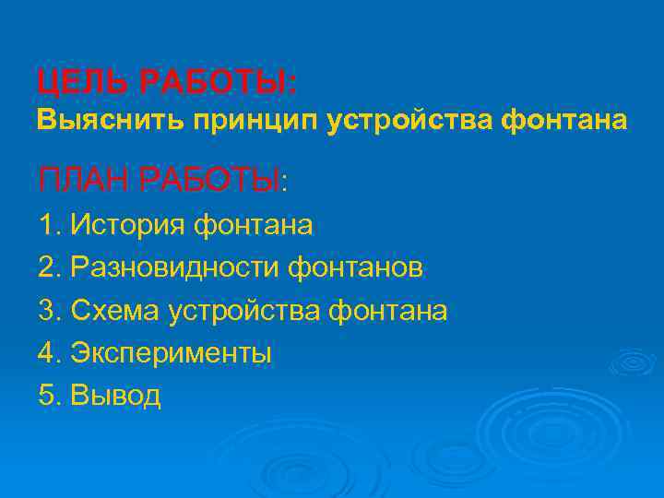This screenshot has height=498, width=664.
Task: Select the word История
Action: pyautogui.click(x=128, y=225)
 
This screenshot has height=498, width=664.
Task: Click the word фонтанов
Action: pyautogui.click(x=357, y=268)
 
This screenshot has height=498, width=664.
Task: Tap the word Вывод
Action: pyautogui.click(x=116, y=396)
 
